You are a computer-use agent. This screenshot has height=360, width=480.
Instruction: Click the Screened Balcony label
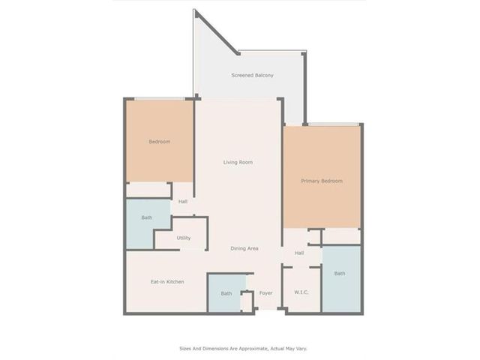point(252,75)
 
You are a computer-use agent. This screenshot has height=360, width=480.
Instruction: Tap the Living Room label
point(238,162)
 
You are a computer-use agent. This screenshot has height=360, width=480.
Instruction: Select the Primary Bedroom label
point(322,181)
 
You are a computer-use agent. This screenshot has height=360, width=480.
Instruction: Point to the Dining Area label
point(244,248)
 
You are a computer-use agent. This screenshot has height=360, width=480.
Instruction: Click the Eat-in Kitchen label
point(167,282)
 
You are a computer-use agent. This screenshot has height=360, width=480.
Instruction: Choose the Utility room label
point(183,238)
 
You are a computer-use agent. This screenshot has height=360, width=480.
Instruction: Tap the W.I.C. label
point(301,292)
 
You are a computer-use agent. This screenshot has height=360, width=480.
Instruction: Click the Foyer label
point(265,293)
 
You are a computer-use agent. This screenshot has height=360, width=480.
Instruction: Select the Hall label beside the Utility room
point(183,202)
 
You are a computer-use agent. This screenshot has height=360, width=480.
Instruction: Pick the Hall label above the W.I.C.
point(299,253)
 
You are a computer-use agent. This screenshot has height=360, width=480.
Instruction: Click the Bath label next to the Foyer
point(226,293)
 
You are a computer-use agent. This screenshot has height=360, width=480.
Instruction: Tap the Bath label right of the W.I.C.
point(340,273)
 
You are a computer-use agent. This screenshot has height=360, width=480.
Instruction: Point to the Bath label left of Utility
point(147,217)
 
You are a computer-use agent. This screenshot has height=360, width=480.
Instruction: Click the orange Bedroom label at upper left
point(160,142)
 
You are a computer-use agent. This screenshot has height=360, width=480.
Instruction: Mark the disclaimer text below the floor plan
point(243,348)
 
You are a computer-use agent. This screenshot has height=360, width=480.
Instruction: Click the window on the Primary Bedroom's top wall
point(333,124)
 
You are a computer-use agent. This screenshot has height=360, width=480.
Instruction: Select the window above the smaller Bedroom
point(160,99)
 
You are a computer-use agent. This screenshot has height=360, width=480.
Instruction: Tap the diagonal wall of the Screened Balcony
point(217,32)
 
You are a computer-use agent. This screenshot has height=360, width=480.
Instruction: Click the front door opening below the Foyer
point(268,310)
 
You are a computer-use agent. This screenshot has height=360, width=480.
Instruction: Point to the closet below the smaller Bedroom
point(148,190)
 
